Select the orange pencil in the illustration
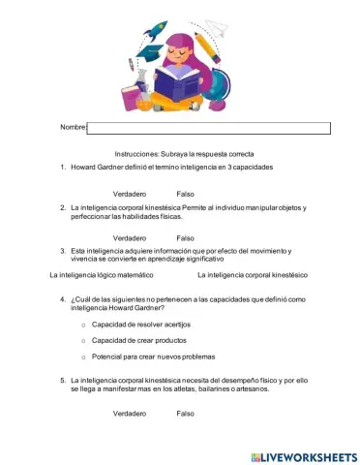coord(207,48)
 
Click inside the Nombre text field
coord(209,128)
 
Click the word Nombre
coord(73,128)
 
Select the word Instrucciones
coord(137,154)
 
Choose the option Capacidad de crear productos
coord(138,340)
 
